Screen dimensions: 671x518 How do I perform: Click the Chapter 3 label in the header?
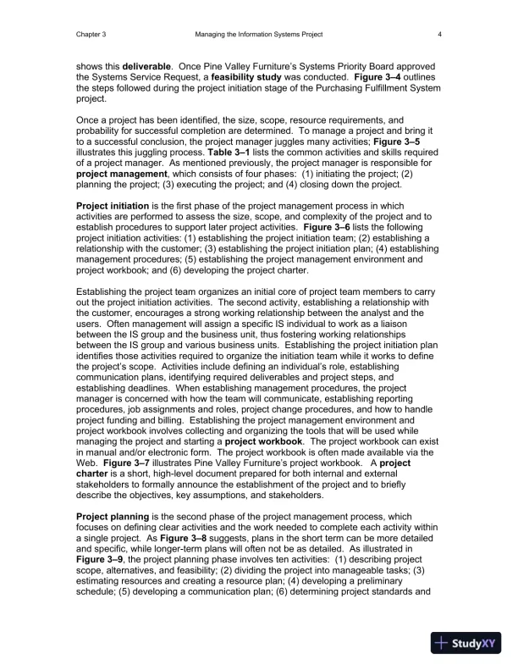click(90, 33)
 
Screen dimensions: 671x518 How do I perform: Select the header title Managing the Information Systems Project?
click(259, 33)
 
